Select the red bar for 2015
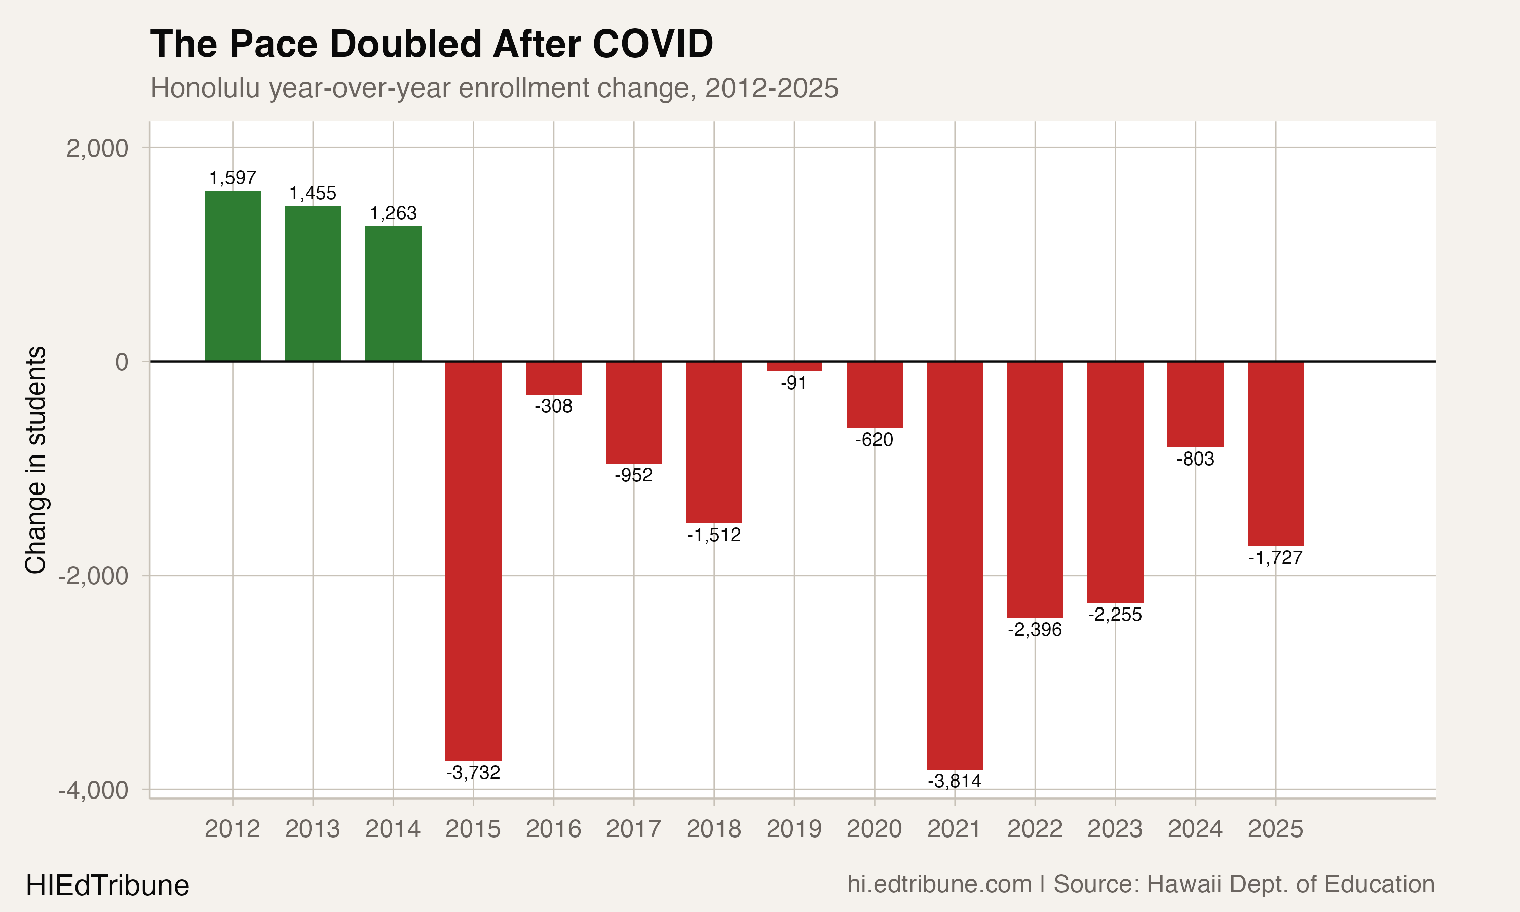[473, 560]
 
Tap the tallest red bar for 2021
[954, 565]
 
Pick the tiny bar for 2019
[794, 366]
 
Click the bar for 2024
[1195, 404]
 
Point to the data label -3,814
[954, 781]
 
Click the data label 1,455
[313, 194]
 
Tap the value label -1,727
[1275, 558]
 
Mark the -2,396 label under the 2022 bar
[1035, 629]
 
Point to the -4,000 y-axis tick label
[93, 790]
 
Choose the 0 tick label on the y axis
[122, 362]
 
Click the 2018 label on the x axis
[713, 829]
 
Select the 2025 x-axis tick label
[1275, 829]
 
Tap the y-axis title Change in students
[35, 460]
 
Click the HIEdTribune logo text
[107, 886]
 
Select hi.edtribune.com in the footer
[939, 884]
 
